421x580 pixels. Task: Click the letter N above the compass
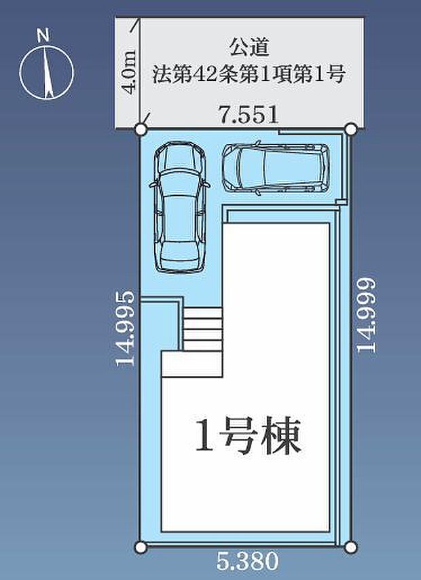(x=43, y=36)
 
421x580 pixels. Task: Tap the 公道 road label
(x=249, y=48)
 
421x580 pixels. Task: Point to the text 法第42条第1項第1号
(x=249, y=73)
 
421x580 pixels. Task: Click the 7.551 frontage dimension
(x=248, y=115)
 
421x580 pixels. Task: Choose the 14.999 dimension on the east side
(x=367, y=315)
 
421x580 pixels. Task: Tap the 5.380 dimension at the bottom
(x=247, y=561)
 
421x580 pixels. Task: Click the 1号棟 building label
(x=247, y=436)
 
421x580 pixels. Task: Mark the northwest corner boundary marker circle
(x=141, y=129)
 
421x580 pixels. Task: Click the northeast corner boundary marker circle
(x=351, y=129)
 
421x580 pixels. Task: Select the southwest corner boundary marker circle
(x=140, y=547)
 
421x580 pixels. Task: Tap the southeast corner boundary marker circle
(x=351, y=547)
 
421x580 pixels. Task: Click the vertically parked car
(x=179, y=208)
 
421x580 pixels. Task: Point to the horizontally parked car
(x=276, y=168)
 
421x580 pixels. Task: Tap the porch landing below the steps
(x=192, y=364)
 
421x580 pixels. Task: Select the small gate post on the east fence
(x=342, y=202)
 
